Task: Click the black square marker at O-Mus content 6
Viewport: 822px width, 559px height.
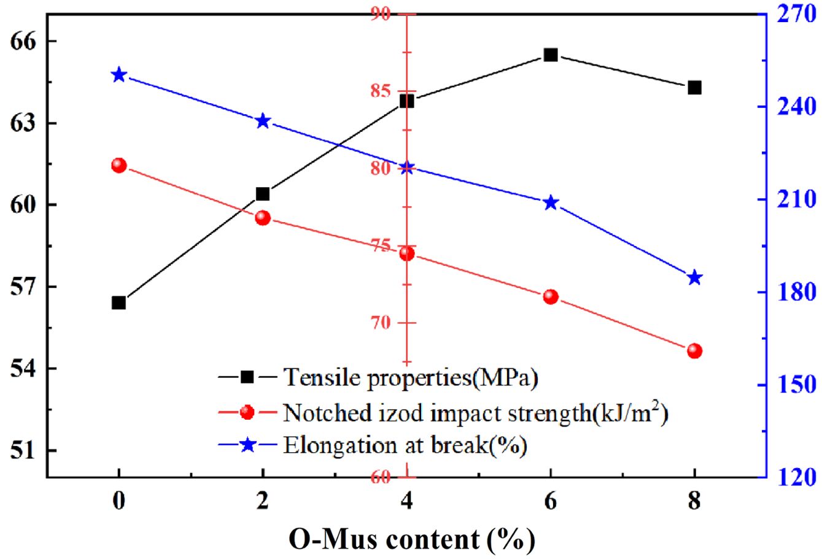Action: tap(551, 55)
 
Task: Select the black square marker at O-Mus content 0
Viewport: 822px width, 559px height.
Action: tap(118, 303)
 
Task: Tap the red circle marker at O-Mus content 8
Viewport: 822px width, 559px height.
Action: tap(694, 351)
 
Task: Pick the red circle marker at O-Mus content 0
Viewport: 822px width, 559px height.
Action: tap(118, 166)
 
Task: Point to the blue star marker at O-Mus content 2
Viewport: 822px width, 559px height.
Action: tap(263, 121)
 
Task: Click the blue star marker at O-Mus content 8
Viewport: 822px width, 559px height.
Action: tap(694, 278)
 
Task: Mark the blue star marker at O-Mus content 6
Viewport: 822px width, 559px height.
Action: tap(551, 202)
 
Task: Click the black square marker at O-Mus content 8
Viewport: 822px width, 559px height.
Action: tap(694, 88)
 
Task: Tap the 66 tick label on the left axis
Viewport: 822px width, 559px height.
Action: tap(23, 42)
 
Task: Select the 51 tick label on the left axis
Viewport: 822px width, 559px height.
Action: tap(23, 450)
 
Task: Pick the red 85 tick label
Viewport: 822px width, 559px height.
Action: tap(380, 91)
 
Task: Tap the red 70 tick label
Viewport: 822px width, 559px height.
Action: tap(380, 323)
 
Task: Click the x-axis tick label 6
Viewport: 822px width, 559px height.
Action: tap(551, 501)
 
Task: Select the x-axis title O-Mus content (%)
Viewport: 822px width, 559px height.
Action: tap(412, 539)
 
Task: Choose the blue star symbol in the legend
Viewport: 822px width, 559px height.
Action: tap(247, 444)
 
